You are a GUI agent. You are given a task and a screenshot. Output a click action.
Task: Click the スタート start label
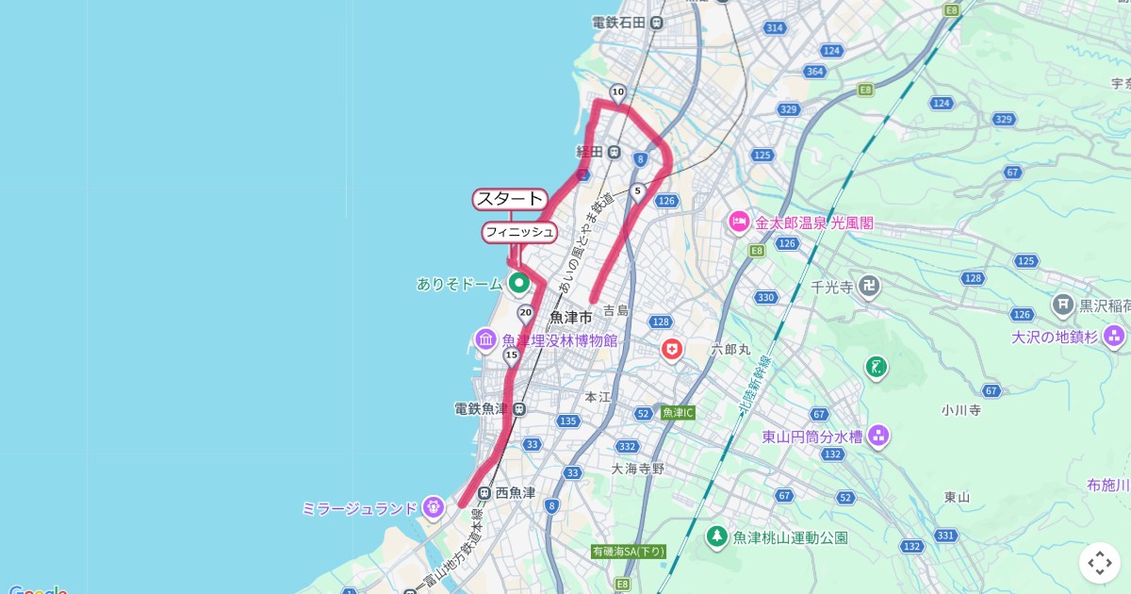(x=510, y=199)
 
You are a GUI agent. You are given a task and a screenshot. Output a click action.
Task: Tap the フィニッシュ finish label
(x=518, y=232)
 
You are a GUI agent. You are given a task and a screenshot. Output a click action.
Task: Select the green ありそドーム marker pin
(x=518, y=282)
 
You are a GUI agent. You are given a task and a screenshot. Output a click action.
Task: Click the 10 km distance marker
(x=617, y=92)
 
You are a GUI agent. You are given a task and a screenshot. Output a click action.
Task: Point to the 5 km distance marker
(x=638, y=192)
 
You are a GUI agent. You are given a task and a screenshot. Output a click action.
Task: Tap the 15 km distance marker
(x=512, y=355)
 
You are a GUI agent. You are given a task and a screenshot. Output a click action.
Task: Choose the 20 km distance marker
(x=526, y=313)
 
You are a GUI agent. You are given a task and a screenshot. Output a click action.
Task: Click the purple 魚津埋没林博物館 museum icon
(x=485, y=339)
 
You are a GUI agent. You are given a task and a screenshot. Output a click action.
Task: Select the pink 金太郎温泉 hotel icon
(x=739, y=223)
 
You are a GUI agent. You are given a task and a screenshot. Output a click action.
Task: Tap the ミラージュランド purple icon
(x=433, y=507)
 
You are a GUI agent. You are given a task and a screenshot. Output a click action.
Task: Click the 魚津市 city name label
(x=571, y=317)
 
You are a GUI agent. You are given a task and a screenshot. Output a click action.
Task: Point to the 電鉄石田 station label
(x=619, y=23)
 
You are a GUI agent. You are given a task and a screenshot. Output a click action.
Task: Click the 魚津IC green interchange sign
(x=677, y=413)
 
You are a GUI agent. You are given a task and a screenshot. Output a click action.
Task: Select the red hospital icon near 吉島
(x=671, y=350)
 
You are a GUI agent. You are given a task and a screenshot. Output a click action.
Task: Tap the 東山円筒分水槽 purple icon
(x=878, y=436)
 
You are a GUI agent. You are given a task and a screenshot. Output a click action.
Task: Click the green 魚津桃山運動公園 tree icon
(x=717, y=536)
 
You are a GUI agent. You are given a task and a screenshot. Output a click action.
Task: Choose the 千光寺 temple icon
(x=869, y=287)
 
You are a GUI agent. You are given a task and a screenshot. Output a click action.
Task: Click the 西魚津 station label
(x=515, y=492)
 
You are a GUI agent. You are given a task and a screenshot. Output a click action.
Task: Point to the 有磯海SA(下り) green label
(x=629, y=552)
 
